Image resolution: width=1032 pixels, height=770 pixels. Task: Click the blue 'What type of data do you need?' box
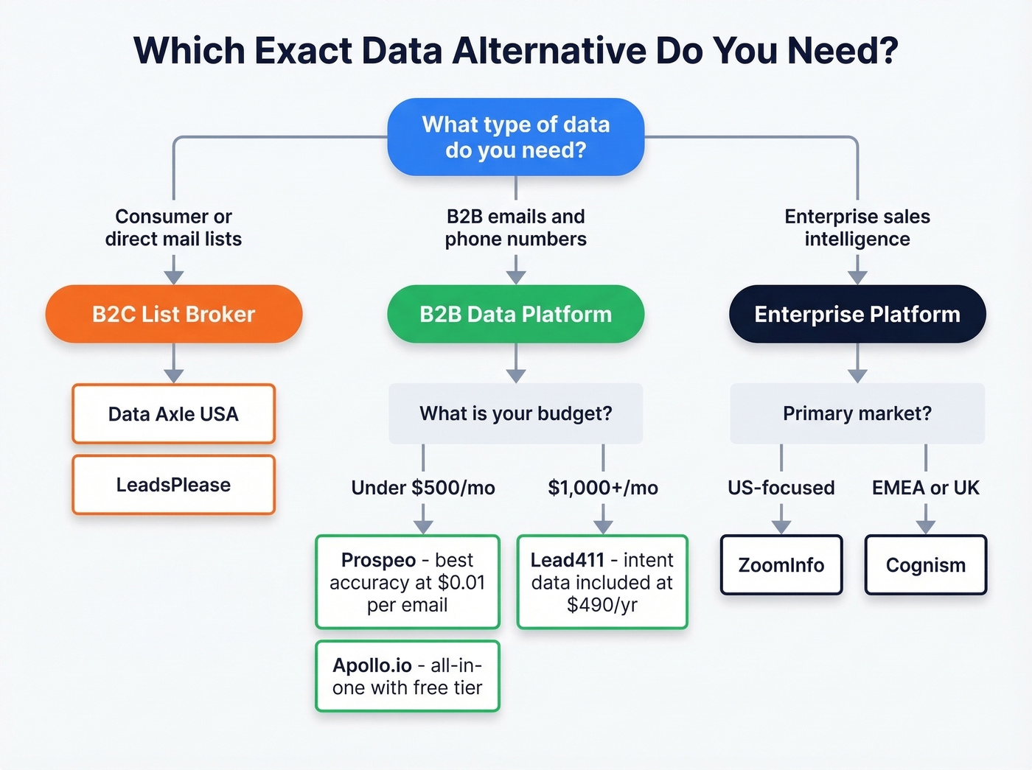(516, 137)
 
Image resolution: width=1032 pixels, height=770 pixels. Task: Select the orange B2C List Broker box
(174, 314)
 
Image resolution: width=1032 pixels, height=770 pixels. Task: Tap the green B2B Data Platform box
(516, 314)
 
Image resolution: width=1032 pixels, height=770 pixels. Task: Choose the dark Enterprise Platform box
(857, 314)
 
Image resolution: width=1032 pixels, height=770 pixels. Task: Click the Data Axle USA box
(174, 414)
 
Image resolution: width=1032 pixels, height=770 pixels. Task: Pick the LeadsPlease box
(174, 485)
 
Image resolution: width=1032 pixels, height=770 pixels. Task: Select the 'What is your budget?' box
(516, 413)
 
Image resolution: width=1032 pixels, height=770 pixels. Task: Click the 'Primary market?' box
(857, 413)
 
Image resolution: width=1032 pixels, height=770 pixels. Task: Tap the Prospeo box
(408, 582)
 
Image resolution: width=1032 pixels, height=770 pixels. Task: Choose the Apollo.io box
(408, 676)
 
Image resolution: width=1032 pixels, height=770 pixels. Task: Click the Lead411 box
(602, 582)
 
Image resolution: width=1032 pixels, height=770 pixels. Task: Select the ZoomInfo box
(781, 565)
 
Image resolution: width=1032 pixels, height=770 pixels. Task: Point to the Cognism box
(926, 565)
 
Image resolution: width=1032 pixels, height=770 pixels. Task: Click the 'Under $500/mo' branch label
(423, 488)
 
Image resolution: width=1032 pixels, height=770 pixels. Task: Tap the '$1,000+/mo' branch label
(603, 488)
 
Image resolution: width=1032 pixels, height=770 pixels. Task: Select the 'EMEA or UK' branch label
(926, 488)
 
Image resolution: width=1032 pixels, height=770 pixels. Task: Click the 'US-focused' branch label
(781, 488)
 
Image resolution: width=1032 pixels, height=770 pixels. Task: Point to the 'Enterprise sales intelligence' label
(857, 228)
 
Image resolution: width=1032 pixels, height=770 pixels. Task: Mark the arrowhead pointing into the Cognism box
(926, 527)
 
